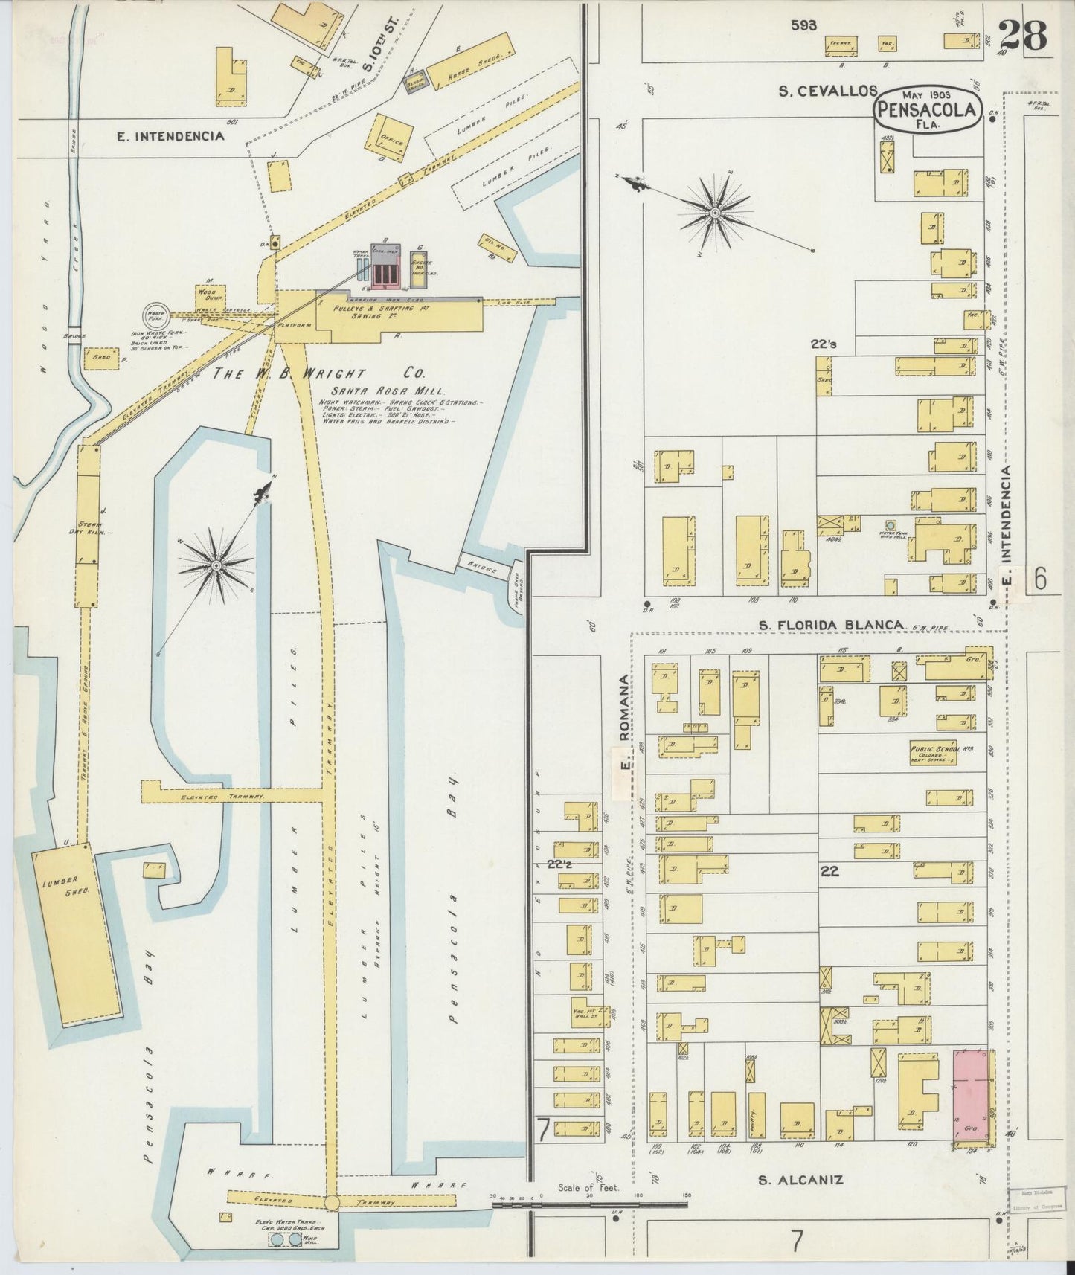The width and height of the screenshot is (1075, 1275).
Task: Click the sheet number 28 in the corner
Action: coord(1023,35)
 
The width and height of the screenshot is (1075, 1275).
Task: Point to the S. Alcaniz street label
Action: coord(800,1180)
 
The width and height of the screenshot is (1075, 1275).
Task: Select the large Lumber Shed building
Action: coord(75,929)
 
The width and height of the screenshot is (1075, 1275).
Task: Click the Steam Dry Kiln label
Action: coord(94,527)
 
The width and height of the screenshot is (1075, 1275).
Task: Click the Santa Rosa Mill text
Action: coord(390,390)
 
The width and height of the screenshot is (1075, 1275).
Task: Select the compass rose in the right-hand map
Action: coord(714,213)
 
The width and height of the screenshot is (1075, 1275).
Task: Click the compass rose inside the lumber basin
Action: coord(216,566)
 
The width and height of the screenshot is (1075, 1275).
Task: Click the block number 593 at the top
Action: coord(803,25)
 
